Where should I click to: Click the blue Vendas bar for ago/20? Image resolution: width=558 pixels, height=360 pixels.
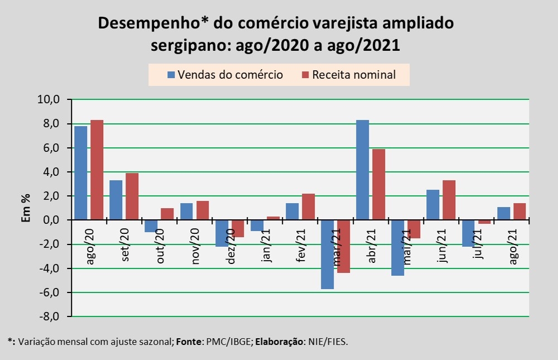point(80,173)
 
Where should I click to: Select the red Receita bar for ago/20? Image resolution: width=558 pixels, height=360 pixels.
point(97,170)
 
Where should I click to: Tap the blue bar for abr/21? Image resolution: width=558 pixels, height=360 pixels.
point(362,170)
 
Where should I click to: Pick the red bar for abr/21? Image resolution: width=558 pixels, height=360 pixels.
point(378,184)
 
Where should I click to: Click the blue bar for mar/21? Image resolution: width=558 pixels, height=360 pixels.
point(327,255)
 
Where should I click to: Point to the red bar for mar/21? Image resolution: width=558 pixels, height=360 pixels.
point(343,246)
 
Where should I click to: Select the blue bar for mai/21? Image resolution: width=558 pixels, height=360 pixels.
point(397,248)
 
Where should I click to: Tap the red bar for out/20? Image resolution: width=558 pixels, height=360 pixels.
point(167,214)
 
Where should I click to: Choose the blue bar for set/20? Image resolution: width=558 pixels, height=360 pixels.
point(116,200)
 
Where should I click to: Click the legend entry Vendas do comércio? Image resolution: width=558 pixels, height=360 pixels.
point(224,75)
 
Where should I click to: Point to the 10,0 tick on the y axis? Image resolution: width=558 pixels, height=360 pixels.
point(48,100)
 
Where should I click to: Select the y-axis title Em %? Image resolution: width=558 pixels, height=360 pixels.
point(26,208)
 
